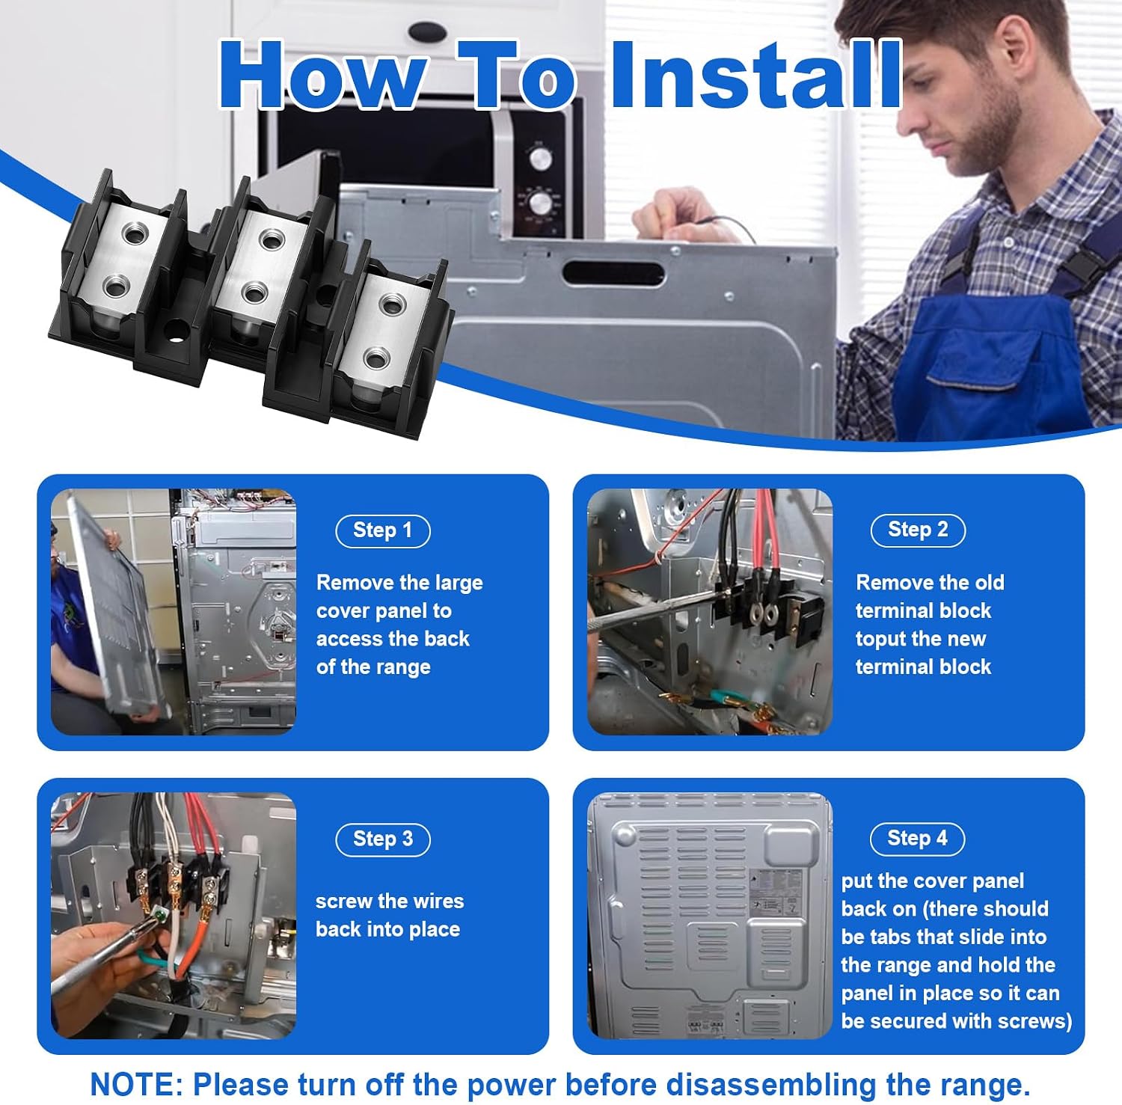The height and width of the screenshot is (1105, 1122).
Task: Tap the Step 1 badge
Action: pyautogui.click(x=383, y=531)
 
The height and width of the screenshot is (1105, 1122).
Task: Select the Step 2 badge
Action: pyautogui.click(x=918, y=530)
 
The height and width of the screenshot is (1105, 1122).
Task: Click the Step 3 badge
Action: pyautogui.click(x=383, y=839)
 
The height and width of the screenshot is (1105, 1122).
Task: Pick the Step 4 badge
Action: pyautogui.click(x=917, y=839)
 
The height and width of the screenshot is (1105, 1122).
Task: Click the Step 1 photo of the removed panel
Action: pyautogui.click(x=174, y=612)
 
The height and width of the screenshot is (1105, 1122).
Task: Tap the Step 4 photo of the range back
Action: pyautogui.click(x=710, y=916)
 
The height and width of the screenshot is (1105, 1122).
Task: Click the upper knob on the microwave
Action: pyautogui.click(x=541, y=158)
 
